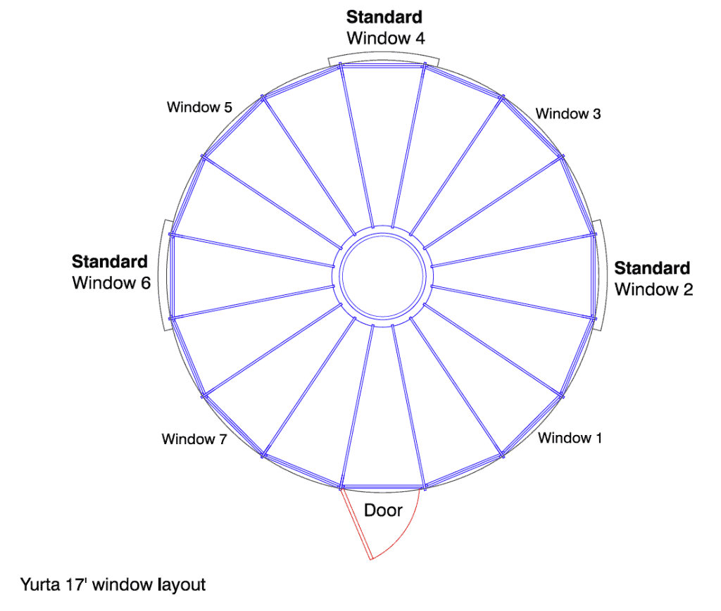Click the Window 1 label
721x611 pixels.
click(570, 438)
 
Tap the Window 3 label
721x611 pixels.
click(568, 113)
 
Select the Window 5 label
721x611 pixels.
click(199, 107)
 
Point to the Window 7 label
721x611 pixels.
click(194, 439)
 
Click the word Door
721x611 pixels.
click(383, 510)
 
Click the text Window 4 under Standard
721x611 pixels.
click(386, 38)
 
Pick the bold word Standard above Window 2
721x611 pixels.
click(652, 268)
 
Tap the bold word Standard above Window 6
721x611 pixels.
click(109, 262)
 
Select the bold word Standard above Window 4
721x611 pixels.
click(384, 17)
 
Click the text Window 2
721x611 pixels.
click(653, 289)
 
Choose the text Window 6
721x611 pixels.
click(111, 283)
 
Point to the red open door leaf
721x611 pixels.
click(356, 524)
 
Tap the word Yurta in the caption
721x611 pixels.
click(40, 584)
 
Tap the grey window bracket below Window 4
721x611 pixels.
click(384, 53)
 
